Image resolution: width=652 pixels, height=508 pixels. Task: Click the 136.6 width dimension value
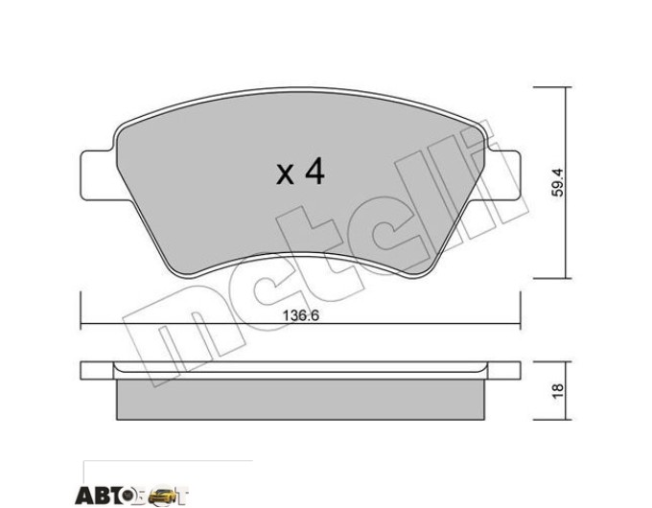pyautogui.click(x=301, y=315)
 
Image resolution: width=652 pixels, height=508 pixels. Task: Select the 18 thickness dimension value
pyautogui.click(x=558, y=390)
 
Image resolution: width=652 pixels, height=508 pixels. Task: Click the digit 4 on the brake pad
pyautogui.click(x=314, y=173)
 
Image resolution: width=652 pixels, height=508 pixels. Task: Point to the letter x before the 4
pyautogui.click(x=286, y=174)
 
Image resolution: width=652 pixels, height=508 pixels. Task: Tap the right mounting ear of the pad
pyautogui.click(x=504, y=175)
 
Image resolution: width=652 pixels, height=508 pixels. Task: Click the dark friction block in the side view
pyautogui.click(x=300, y=399)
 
